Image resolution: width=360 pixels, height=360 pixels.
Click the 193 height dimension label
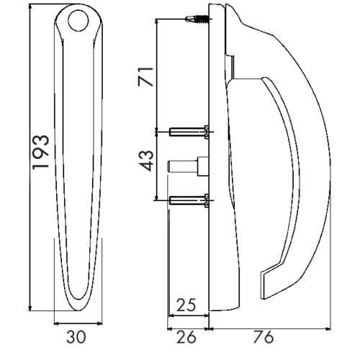pos(41,153)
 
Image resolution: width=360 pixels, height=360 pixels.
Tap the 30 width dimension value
pos(76,337)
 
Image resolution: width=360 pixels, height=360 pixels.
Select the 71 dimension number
pos(145,76)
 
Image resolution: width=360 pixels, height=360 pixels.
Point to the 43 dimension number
pos(145,161)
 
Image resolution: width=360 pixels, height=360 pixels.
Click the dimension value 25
pos(186,305)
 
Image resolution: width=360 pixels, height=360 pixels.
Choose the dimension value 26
pos(186,337)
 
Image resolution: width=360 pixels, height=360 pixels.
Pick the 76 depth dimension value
pos(264,337)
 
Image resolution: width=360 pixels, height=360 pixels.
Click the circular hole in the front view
pos(78,20)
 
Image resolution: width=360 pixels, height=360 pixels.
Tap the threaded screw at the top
pos(197,19)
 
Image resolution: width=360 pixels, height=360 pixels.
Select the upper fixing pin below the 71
pos(189,132)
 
